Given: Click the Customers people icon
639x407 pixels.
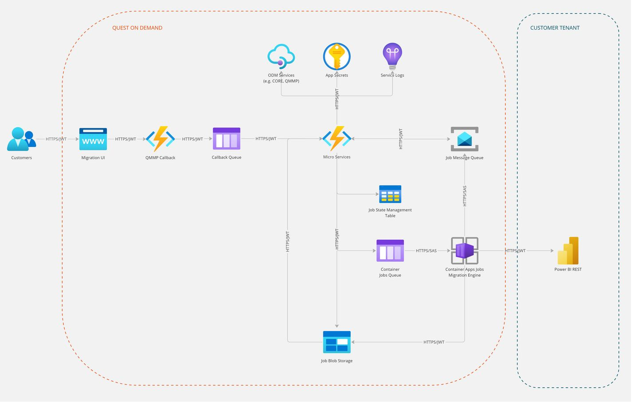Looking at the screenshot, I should pyautogui.click(x=21, y=139).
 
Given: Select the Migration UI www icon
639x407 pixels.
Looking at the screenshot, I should pyautogui.click(x=93, y=139).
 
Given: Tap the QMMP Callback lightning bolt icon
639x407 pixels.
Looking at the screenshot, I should pyautogui.click(x=160, y=139).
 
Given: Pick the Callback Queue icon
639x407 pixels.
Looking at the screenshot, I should pyautogui.click(x=226, y=138).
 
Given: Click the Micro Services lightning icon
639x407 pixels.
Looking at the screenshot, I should pyautogui.click(x=337, y=138).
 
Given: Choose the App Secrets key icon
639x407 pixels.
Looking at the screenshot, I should pyautogui.click(x=337, y=56).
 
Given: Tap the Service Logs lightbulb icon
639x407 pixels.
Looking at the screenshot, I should pyautogui.click(x=392, y=56).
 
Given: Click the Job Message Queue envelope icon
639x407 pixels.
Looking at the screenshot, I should pyautogui.click(x=465, y=139).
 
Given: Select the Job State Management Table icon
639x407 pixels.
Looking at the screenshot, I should pyautogui.click(x=390, y=194).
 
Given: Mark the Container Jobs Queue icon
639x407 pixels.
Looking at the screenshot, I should pyautogui.click(x=390, y=251).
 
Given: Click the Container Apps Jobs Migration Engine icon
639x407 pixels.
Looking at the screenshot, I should pyautogui.click(x=465, y=251).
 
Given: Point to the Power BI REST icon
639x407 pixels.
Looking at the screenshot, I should pyautogui.click(x=568, y=251).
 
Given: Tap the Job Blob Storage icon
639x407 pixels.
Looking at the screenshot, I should pyautogui.click(x=337, y=342).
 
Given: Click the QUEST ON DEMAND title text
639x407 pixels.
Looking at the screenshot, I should pyautogui.click(x=137, y=28).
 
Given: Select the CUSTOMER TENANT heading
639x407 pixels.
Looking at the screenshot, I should pyautogui.click(x=555, y=28).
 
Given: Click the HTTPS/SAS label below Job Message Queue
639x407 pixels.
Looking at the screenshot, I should pyautogui.click(x=465, y=196).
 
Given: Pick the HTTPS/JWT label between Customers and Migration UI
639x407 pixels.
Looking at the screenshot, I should pyautogui.click(x=56, y=139).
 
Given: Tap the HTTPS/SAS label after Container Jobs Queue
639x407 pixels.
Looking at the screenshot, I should pyautogui.click(x=426, y=251).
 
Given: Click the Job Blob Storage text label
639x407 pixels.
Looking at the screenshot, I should pyautogui.click(x=337, y=361).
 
